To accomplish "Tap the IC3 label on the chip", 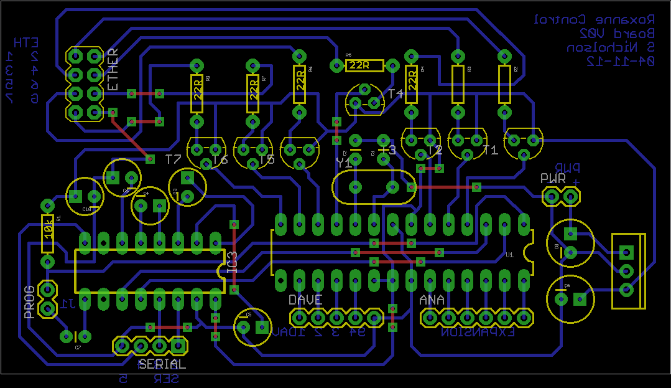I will pyautogui.click(x=233, y=262).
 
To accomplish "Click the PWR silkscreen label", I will pyautogui.click(x=553, y=178).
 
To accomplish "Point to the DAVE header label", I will pyautogui.click(x=305, y=300).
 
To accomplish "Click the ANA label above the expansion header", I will pyautogui.click(x=432, y=300).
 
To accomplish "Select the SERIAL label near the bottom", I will pyautogui.click(x=162, y=364).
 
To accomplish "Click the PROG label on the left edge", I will pyautogui.click(x=29, y=302).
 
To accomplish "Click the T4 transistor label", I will pyautogui.click(x=396, y=93).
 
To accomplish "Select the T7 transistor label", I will pyautogui.click(x=174, y=159).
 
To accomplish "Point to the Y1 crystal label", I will pyautogui.click(x=343, y=163).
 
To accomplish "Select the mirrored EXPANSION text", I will pyautogui.click(x=478, y=333).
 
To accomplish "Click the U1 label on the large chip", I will pyautogui.click(x=509, y=255).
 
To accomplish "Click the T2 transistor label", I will pyautogui.click(x=435, y=150).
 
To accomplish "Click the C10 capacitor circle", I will pyautogui.click(x=84, y=196).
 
